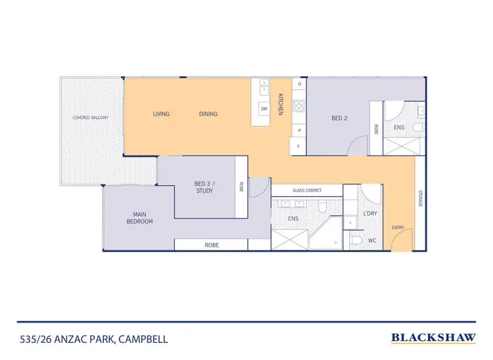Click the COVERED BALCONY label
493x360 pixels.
(90, 118)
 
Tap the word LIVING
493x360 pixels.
(161, 114)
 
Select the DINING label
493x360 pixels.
(208, 114)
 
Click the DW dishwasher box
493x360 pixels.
(264, 109)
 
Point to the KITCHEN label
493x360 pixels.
(280, 104)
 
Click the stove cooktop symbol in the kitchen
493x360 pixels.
(299, 104)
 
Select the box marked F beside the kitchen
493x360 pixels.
(299, 146)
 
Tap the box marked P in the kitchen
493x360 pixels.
(299, 130)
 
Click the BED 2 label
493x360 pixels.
(339, 119)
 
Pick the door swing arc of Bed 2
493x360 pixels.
(358, 147)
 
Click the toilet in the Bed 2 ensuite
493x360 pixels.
(417, 127)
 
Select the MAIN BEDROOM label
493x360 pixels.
(139, 217)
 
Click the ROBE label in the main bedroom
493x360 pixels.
(211, 244)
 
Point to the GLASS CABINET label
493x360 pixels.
(308, 190)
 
